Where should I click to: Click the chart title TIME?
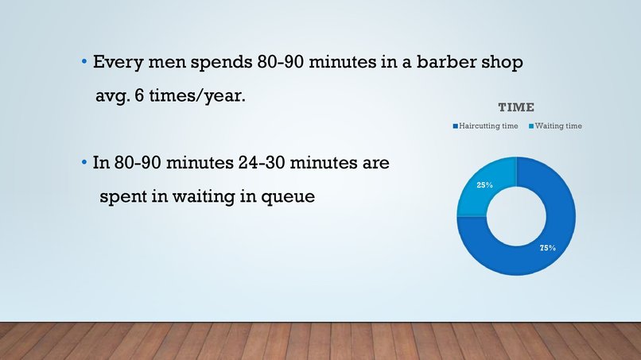(516, 107)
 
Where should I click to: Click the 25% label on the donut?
(484, 184)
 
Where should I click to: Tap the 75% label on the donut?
(547, 248)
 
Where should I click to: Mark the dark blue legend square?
(456, 126)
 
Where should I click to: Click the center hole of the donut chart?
(516, 216)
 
